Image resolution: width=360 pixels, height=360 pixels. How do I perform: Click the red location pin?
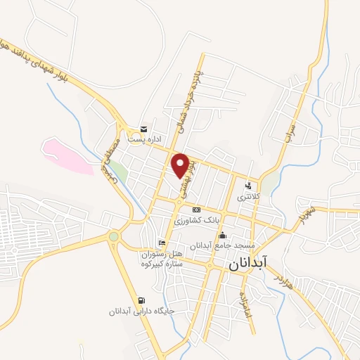pyautogui.click(x=181, y=165)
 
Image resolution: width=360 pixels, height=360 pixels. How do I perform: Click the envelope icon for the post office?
pyautogui.click(x=144, y=129)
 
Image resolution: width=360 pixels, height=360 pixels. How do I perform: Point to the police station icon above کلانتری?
pyautogui.click(x=248, y=186)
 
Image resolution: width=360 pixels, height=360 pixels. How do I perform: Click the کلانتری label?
pyautogui.click(x=248, y=197)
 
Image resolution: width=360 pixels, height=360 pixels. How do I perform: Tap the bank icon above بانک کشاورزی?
pyautogui.click(x=196, y=210)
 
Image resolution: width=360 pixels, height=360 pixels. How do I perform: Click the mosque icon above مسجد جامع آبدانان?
pyautogui.click(x=223, y=235)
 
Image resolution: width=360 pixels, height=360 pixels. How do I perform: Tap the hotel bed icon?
pyautogui.click(x=162, y=243)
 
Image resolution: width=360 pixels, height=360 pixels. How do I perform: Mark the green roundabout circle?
pyautogui.click(x=113, y=236)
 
